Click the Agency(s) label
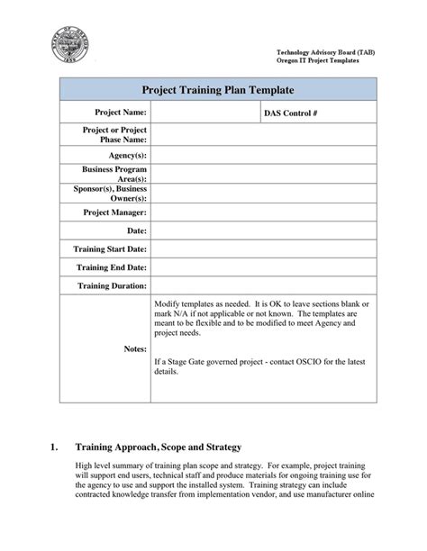pyautogui.click(x=128, y=154)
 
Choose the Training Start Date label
pyautogui.click(x=111, y=248)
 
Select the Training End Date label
pyautogui.click(x=113, y=267)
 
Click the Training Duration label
pyautogui.click(x=113, y=286)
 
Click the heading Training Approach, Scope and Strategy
pyautogui.click(x=159, y=446)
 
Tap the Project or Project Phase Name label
pyautogui.click(x=114, y=134)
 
